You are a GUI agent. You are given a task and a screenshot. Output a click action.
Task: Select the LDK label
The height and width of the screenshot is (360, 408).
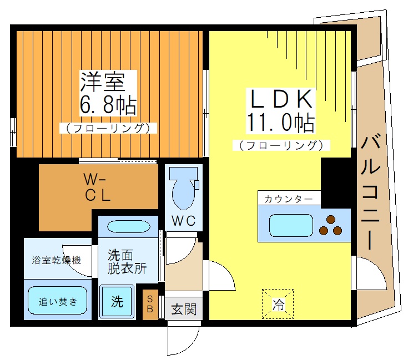click(280, 100)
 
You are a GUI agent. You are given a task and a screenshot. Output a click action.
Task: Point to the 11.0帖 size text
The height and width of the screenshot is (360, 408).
click(280, 123)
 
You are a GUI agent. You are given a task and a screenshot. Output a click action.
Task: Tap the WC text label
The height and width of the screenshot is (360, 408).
click(183, 220)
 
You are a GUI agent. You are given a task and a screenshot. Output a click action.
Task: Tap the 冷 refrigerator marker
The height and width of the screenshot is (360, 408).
click(276, 304)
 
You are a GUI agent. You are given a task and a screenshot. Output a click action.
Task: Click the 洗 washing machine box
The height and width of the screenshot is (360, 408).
click(117, 302)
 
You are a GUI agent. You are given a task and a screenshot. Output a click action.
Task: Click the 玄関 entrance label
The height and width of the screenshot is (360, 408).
click(183, 309)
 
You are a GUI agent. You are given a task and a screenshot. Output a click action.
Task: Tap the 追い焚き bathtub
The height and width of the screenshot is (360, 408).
click(58, 302)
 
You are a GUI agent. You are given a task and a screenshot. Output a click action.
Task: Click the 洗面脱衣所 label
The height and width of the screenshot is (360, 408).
click(127, 262)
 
